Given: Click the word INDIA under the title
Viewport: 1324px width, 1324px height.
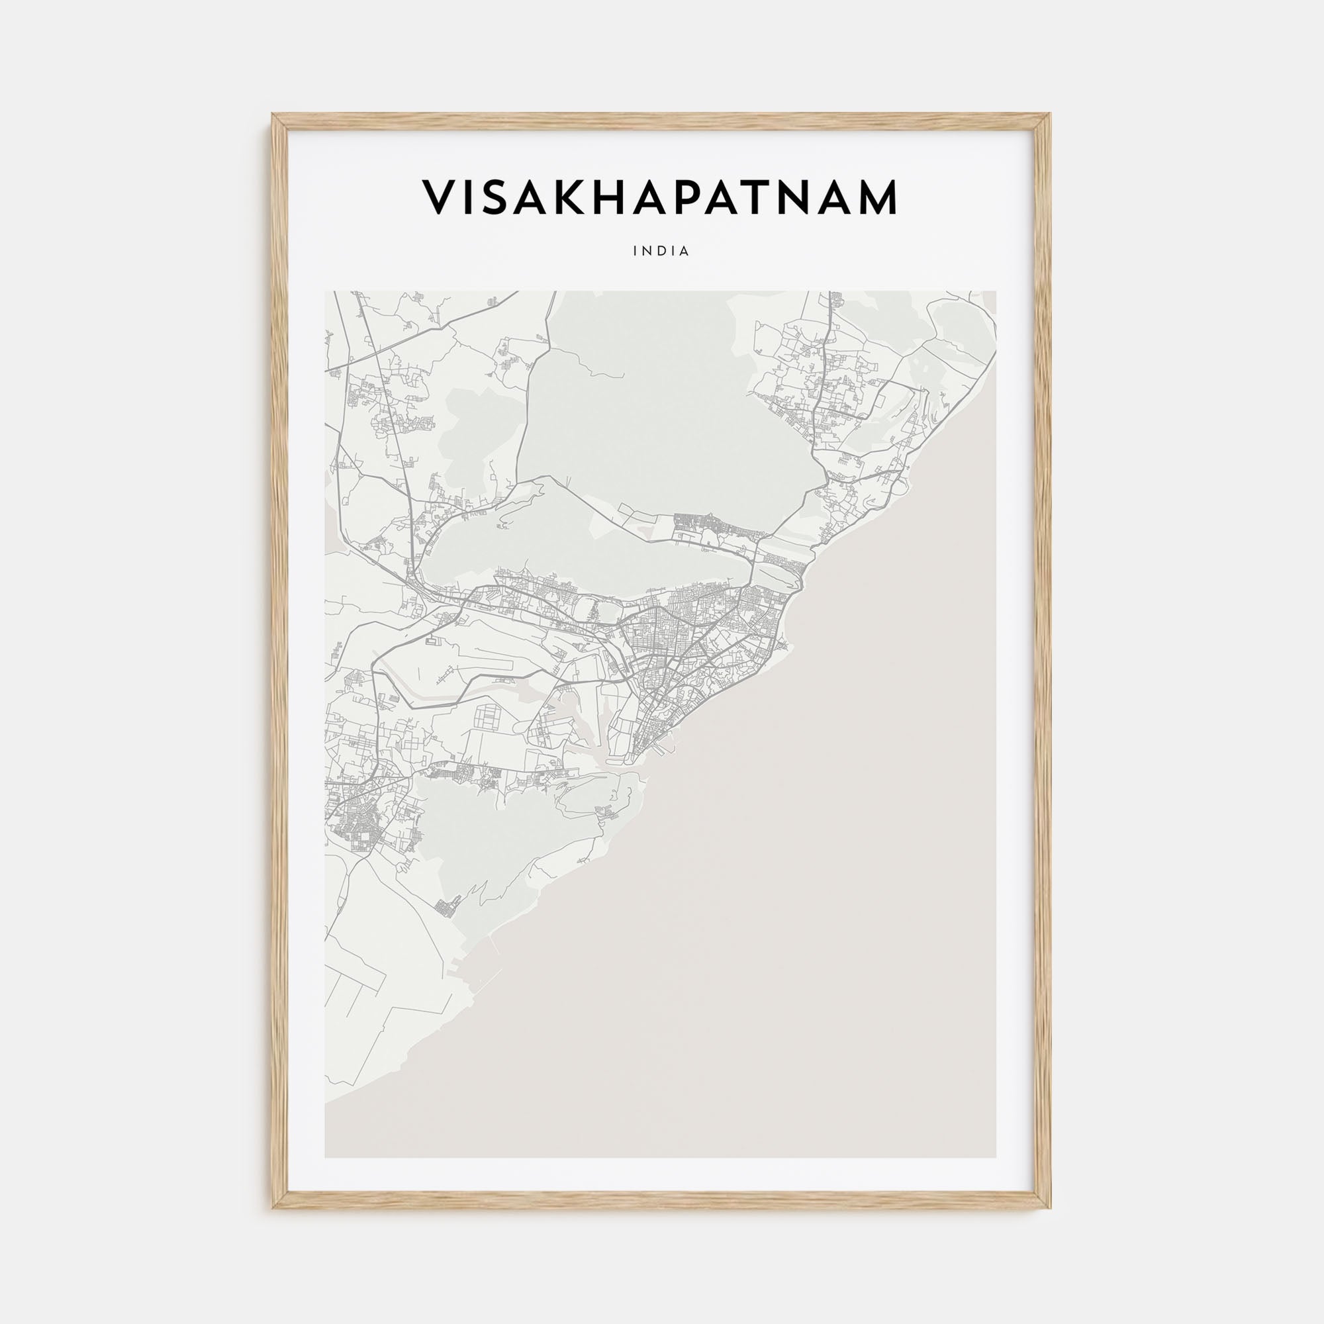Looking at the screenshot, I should pyautogui.click(x=661, y=252).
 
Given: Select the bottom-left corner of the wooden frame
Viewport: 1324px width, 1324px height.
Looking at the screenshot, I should pyautogui.click(x=273, y=1207).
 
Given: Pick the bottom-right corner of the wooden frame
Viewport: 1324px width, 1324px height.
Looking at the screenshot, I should pyautogui.click(x=1050, y=1207).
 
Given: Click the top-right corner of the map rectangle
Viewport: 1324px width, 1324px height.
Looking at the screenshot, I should pyautogui.click(x=996, y=291).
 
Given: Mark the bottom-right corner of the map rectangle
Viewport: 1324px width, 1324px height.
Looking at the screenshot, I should pyautogui.click(x=996, y=1158).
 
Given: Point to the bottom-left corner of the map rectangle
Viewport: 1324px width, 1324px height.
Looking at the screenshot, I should pyautogui.click(x=325, y=1158).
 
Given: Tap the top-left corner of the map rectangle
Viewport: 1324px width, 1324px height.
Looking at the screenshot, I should pyautogui.click(x=325, y=291).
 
